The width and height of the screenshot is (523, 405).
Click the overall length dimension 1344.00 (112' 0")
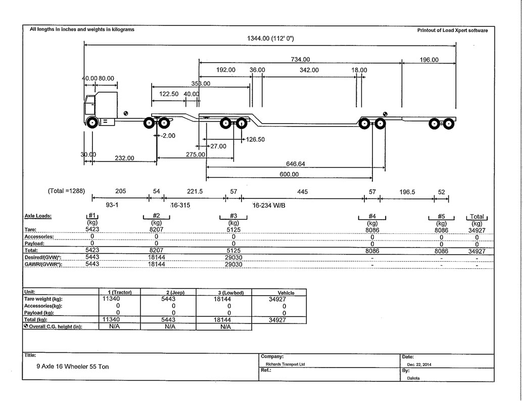pyautogui.click(x=270, y=38)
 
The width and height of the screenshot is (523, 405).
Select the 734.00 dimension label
pyautogui.click(x=300, y=59)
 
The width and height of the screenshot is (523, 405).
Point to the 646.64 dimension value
pyautogui.click(x=296, y=164)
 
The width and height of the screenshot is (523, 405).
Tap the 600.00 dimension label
pyautogui.click(x=289, y=174)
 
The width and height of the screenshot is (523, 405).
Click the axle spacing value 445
pyautogui.click(x=302, y=192)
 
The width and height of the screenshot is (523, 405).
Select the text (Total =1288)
pyautogui.click(x=66, y=191)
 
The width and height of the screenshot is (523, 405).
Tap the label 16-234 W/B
pyautogui.click(x=269, y=206)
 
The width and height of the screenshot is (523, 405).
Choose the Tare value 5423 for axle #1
pyautogui.click(x=92, y=229)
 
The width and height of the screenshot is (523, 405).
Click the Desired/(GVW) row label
pyautogui.click(x=42, y=257)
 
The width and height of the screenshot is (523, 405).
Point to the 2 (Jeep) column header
pyautogui.click(x=175, y=293)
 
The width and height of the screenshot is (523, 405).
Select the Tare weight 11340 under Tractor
pyautogui.click(x=111, y=299)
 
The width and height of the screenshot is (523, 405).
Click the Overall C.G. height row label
pyautogui.click(x=53, y=327)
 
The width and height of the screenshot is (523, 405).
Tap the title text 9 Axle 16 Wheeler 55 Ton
pyautogui.click(x=73, y=367)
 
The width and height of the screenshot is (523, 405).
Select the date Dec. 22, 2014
pyautogui.click(x=419, y=364)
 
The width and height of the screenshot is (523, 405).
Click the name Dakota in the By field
pyautogui.click(x=413, y=378)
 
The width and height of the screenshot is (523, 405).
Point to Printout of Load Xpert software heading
pyautogui.click(x=452, y=30)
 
